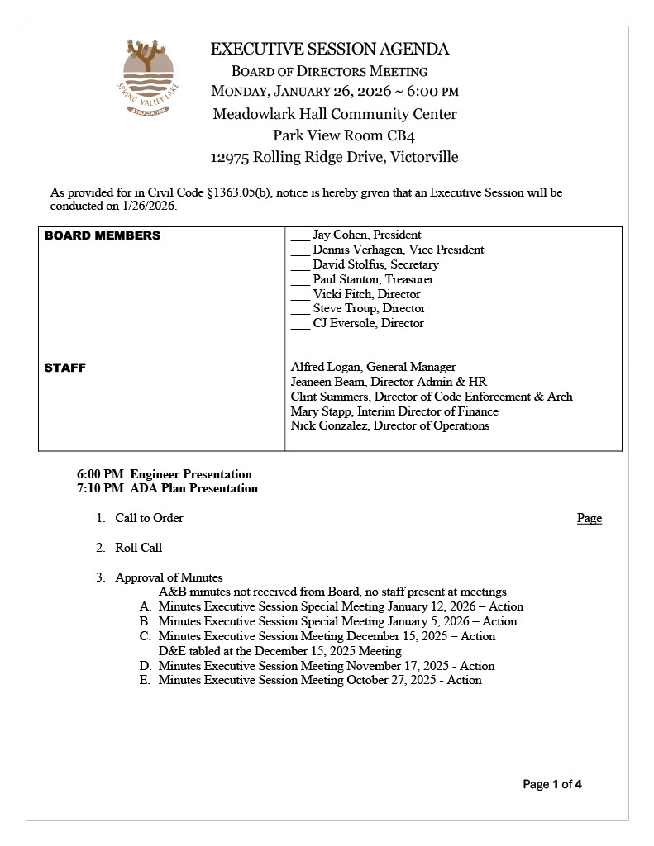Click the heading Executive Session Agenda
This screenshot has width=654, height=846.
330,49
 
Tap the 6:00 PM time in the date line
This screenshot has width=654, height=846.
432,91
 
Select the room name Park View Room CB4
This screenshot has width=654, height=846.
335,135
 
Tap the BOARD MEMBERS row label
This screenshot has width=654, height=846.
103,235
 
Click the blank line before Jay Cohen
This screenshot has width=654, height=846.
300,235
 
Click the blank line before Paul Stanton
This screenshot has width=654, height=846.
300,279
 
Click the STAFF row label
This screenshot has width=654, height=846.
64,367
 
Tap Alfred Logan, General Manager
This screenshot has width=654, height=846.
373,367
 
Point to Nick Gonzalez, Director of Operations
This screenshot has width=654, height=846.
390,425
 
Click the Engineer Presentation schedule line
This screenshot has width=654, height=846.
165,474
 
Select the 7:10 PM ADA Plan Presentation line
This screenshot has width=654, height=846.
167,488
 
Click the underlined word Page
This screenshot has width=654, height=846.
590,518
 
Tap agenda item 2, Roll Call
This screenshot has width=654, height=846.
138,547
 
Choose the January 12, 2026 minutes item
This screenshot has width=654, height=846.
341,606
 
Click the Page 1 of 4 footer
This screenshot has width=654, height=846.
552,784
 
